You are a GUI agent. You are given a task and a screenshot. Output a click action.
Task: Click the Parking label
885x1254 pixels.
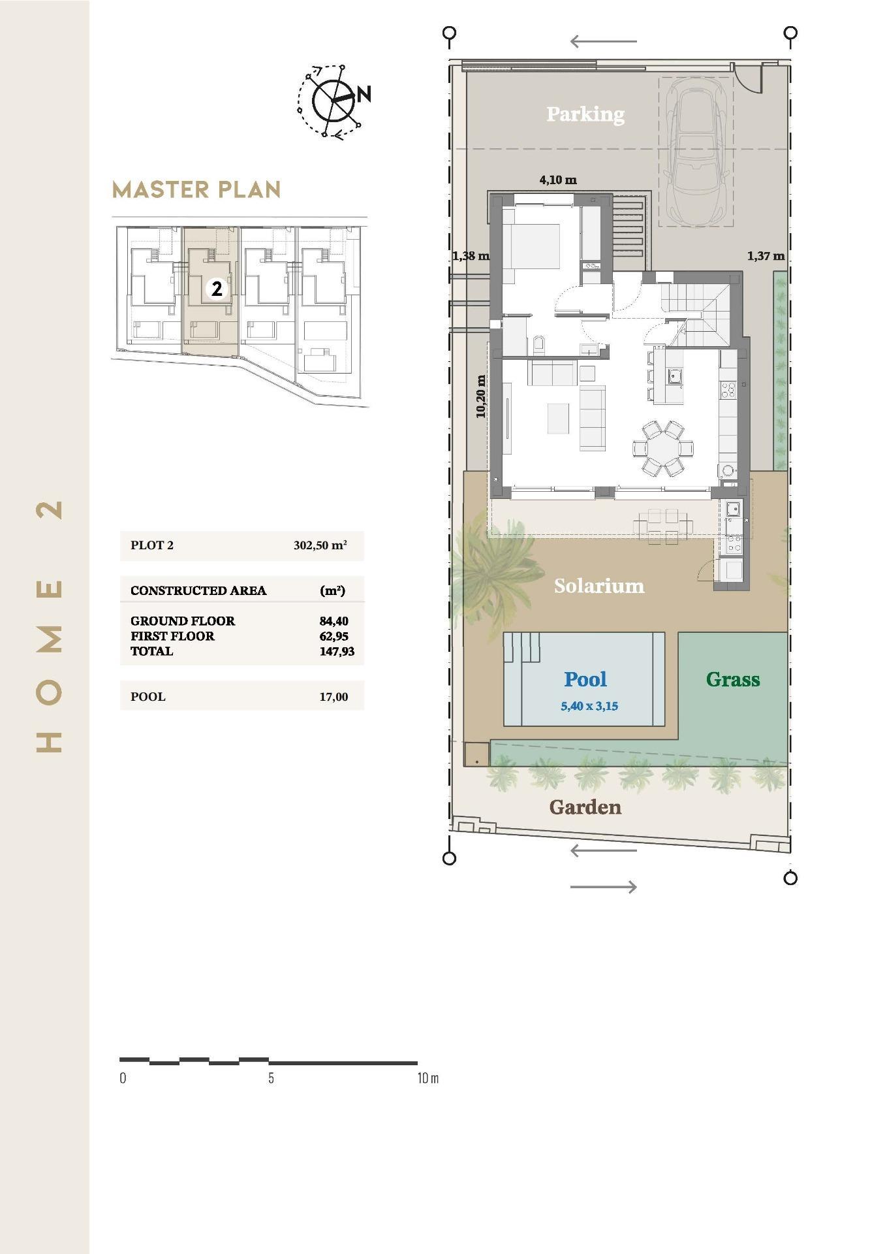pyautogui.click(x=585, y=114)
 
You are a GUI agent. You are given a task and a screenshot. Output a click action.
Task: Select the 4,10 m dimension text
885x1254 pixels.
pyautogui.click(x=558, y=180)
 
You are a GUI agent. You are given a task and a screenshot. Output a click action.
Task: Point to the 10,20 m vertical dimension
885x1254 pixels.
pyautogui.click(x=481, y=396)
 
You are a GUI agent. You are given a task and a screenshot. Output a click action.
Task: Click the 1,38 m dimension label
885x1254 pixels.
pyautogui.click(x=470, y=256)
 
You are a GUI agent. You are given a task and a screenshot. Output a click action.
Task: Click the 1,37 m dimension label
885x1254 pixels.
pyautogui.click(x=766, y=256)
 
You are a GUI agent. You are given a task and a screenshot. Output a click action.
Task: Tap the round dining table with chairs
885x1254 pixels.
pyautogui.click(x=662, y=448)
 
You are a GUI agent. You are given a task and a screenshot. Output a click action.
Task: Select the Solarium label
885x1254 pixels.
pyautogui.click(x=598, y=586)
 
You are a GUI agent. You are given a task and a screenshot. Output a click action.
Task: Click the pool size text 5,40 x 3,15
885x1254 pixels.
pyautogui.click(x=589, y=706)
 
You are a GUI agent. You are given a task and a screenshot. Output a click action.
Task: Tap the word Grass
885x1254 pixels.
pyautogui.click(x=732, y=680)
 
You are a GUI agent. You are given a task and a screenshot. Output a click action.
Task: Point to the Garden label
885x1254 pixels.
pyautogui.click(x=585, y=807)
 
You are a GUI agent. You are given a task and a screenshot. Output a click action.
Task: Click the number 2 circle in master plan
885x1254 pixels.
pyautogui.click(x=217, y=288)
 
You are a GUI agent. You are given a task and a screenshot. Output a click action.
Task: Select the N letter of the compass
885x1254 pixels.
pyautogui.click(x=364, y=94)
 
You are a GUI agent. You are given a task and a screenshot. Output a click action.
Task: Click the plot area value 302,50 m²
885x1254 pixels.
pyautogui.click(x=320, y=545)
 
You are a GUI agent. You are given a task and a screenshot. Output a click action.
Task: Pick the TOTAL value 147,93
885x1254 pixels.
pyautogui.click(x=337, y=651)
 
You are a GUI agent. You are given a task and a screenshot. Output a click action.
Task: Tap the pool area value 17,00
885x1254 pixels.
pyautogui.click(x=334, y=697)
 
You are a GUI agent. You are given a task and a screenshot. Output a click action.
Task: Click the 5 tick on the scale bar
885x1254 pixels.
pyautogui.click(x=271, y=1078)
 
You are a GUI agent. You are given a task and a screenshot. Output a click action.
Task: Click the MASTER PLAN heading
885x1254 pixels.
pyautogui.click(x=196, y=190)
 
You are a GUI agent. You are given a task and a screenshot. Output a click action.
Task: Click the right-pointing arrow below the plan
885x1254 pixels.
pyautogui.click(x=603, y=886)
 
